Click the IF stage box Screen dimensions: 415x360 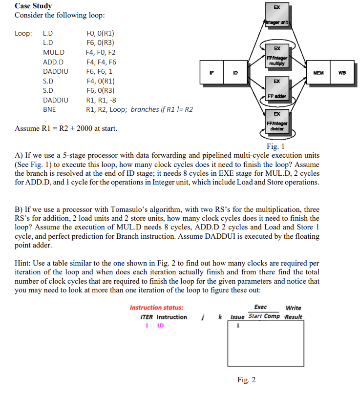click(x=212, y=73)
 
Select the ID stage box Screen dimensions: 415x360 click(x=235, y=73)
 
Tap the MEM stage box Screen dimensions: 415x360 click(x=318, y=73)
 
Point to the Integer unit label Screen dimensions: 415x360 click(x=277, y=22)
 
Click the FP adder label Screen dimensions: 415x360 click(x=277, y=96)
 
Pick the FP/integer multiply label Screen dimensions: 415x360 click(x=277, y=60)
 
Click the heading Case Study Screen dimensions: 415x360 click(x=33, y=6)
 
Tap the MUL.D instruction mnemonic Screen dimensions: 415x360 click(x=53, y=52)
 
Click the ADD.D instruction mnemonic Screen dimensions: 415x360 click(x=53, y=62)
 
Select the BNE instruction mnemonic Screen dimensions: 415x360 click(x=49, y=109)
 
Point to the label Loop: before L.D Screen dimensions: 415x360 click(x=23, y=34)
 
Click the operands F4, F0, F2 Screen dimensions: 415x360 click(x=101, y=52)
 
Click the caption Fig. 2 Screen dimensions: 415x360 click(x=246, y=379)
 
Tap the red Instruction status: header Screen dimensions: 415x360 click(x=157, y=308)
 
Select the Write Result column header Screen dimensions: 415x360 click(x=294, y=312)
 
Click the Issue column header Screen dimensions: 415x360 click(x=237, y=316)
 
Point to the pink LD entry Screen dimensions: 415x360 click(x=160, y=326)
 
